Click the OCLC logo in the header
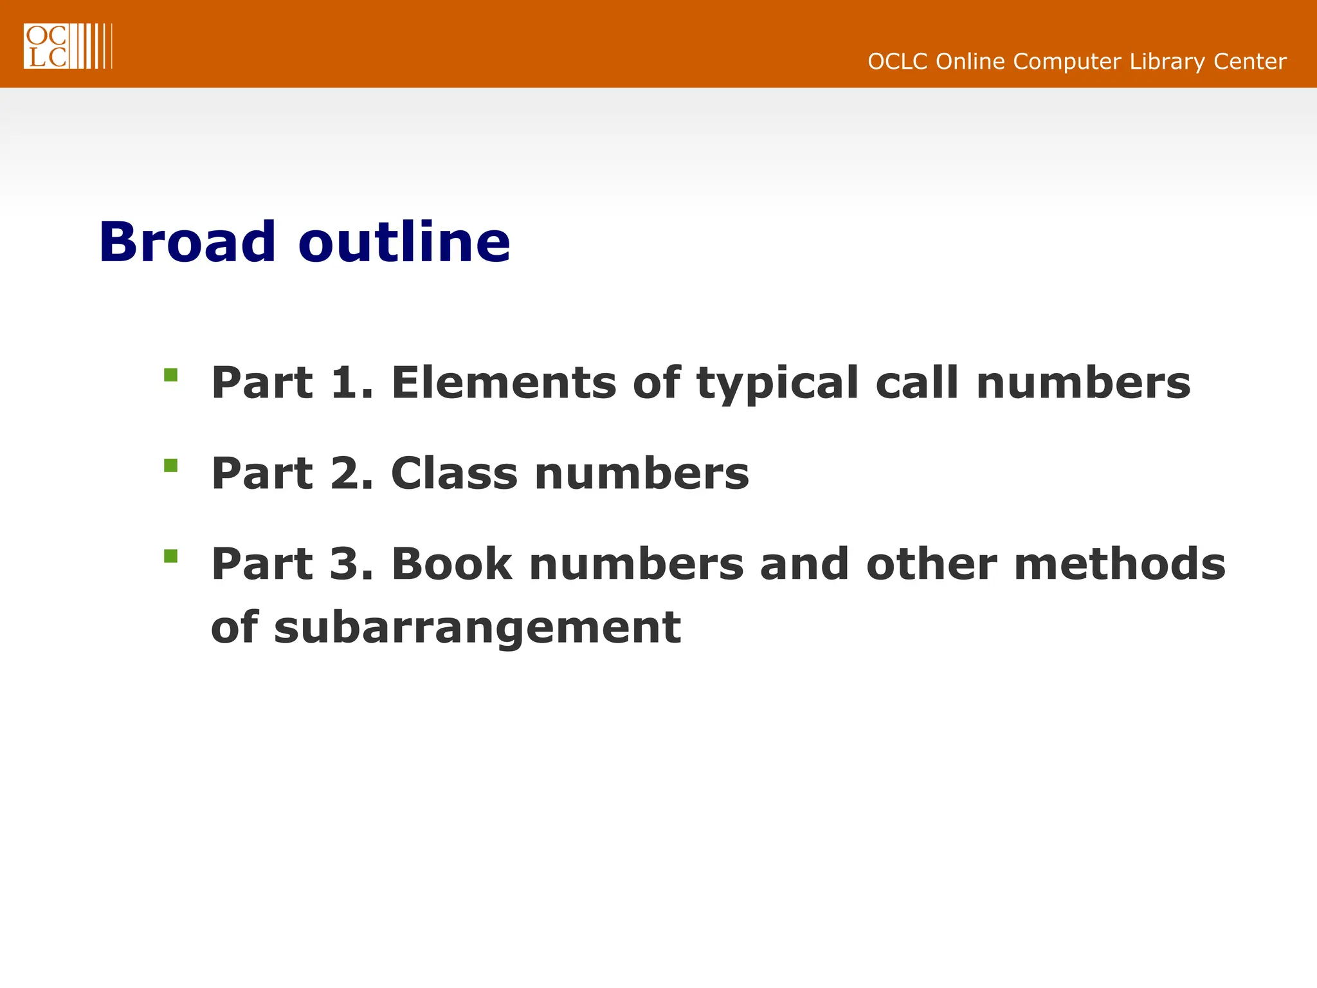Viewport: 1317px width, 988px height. (x=68, y=46)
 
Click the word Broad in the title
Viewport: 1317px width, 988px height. (x=187, y=242)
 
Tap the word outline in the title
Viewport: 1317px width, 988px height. (x=404, y=242)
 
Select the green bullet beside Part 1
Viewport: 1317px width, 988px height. (x=170, y=375)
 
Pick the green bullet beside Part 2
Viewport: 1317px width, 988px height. (x=170, y=465)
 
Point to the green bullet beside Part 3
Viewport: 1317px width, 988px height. (x=170, y=556)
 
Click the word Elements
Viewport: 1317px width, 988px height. (x=504, y=383)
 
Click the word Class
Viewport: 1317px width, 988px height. (x=454, y=473)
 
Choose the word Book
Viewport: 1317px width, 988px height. (x=451, y=564)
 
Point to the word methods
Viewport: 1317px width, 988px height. (x=1120, y=564)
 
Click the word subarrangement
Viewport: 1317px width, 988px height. (x=477, y=628)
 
